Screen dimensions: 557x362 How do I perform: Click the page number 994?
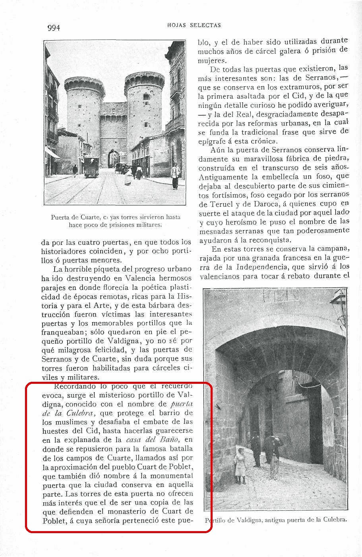pos(53,28)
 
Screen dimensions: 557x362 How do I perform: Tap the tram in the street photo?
pos(91,166)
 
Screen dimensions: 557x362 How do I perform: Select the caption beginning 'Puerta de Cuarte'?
pos(116,221)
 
